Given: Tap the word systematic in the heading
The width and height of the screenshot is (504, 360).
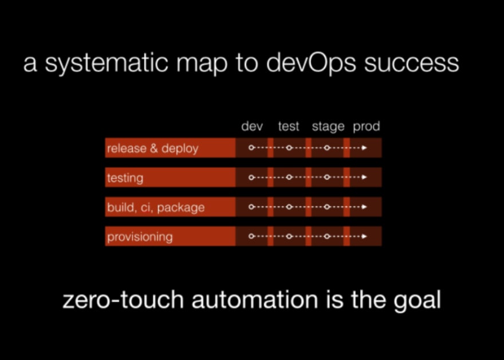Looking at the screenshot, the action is point(107,63).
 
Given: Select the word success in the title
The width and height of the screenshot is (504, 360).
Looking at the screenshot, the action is point(411,64).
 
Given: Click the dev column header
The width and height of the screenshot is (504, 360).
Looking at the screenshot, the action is point(252,126).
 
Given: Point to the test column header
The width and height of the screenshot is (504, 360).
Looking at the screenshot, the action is point(289,126).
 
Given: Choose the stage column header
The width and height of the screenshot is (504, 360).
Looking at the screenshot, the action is point(328,127).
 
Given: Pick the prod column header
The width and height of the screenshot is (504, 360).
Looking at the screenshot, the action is point(367,127).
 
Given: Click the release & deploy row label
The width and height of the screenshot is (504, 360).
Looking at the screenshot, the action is point(153,148).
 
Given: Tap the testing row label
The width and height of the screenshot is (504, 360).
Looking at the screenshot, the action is point(125,178).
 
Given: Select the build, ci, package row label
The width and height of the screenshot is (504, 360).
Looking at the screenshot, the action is point(156,208).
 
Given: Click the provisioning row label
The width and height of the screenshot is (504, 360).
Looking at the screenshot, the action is point(140,237).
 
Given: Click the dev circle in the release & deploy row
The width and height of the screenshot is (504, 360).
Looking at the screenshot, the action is point(251,148).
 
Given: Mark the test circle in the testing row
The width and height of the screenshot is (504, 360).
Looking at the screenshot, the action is point(289,177).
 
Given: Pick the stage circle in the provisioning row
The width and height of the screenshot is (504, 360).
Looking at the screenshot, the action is point(327,236).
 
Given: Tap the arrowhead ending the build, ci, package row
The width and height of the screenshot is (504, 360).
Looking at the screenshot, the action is point(364,206).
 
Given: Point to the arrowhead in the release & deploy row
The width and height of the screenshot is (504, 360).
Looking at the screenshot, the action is point(364,148).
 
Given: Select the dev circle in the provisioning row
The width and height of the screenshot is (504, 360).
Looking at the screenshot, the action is point(251,236).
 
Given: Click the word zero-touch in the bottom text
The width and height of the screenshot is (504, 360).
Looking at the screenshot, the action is point(123,300).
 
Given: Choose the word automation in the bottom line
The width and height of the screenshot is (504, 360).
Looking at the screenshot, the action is point(255,300).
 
